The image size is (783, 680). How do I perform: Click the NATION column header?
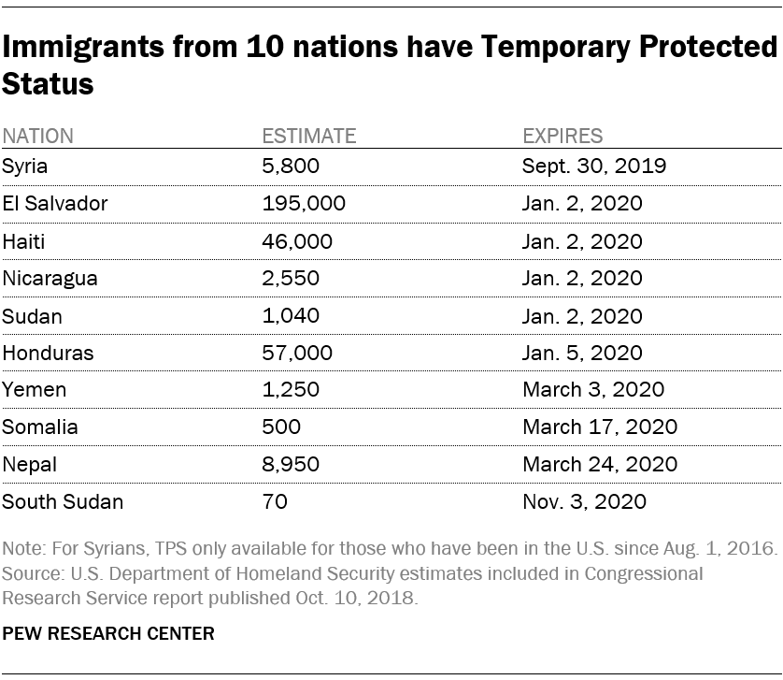tap(37, 136)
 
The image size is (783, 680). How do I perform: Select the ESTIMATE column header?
tap(308, 136)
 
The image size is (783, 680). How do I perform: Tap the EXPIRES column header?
tap(562, 136)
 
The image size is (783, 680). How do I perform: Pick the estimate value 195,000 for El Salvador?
tap(303, 204)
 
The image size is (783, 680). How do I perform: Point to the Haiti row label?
tap(23, 241)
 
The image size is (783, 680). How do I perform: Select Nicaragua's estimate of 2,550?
tap(291, 279)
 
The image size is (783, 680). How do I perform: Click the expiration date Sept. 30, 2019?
tap(593, 166)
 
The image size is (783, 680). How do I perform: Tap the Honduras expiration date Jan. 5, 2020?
tap(581, 354)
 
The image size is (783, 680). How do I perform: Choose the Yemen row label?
tap(34, 390)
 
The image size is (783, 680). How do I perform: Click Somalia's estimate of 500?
tap(281, 427)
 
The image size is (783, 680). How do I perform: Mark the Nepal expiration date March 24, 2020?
tap(599, 465)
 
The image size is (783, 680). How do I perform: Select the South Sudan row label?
tap(62, 502)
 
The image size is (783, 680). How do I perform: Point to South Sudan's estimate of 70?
tap(275, 502)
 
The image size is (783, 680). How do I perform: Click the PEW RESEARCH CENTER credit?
tap(108, 633)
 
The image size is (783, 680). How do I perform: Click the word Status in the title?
tap(48, 84)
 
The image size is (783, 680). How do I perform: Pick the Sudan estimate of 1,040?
tap(291, 316)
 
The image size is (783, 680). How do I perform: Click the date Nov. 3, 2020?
tap(584, 502)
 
